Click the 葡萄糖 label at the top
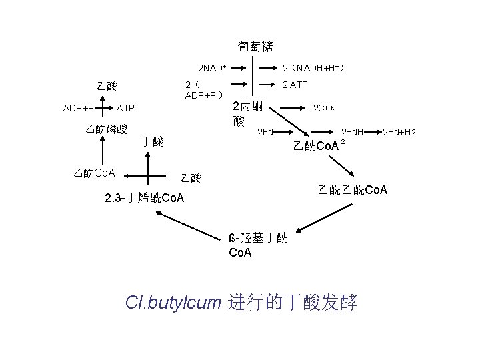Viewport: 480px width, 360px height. [255, 47]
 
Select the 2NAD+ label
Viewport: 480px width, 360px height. [212, 68]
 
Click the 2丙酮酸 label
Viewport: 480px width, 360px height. [247, 114]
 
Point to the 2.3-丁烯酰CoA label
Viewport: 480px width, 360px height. [145, 198]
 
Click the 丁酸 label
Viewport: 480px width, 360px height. [153, 141]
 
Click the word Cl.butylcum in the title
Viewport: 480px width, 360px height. [172, 302]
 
